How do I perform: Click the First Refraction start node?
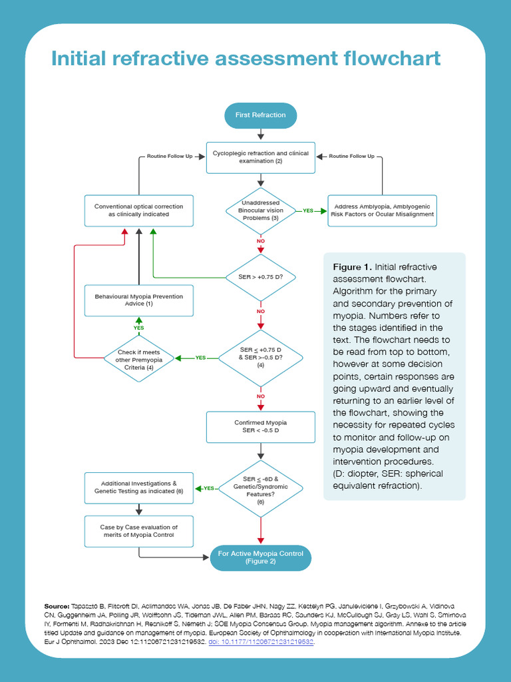[260, 115]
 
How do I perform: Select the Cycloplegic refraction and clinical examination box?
[260, 157]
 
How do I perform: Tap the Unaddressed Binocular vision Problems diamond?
[260, 210]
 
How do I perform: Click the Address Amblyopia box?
[382, 210]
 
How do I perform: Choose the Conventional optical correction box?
[139, 210]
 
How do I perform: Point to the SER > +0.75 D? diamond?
[260, 276]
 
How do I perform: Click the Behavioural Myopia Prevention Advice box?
[139, 300]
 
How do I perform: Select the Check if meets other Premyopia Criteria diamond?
[139, 358]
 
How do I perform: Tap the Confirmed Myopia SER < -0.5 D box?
[260, 427]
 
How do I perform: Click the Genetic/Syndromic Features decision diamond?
[260, 489]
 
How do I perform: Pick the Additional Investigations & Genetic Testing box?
[139, 488]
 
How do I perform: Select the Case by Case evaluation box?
[139, 531]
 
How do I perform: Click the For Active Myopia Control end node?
[260, 557]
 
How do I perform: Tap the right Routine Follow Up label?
[352, 157]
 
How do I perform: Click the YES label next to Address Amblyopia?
[308, 210]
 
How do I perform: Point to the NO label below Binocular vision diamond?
[260, 241]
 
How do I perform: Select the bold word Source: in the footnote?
[57, 606]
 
